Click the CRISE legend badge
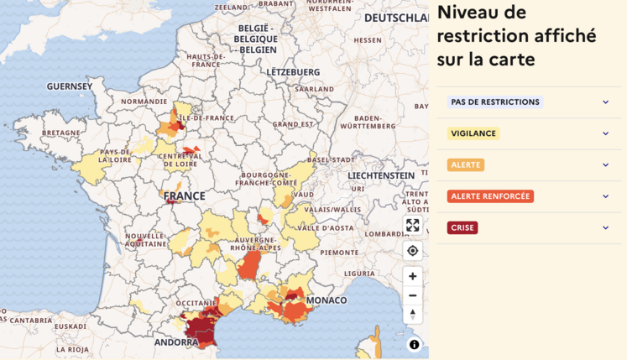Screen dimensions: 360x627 [462, 227]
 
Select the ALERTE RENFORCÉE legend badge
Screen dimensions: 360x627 [490, 196]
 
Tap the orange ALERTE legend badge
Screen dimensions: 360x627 [466, 165]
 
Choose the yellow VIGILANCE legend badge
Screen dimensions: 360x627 [473, 133]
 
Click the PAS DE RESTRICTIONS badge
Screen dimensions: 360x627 [494, 102]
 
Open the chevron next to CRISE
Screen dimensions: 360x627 [605, 227]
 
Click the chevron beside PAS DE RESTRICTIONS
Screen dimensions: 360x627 [605, 102]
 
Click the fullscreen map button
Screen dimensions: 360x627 [412, 225]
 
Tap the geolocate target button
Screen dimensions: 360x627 [412, 251]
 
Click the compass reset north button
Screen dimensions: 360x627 [412, 315]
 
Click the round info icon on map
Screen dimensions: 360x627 [414, 344]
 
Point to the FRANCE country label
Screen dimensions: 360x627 [184, 196]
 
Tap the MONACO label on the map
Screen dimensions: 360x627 [327, 300]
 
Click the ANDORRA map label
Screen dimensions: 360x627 [176, 342]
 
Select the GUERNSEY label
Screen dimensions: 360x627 [70, 86]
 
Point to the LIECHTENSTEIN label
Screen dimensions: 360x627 [381, 175]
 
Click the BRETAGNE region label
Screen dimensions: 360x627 [61, 133]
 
